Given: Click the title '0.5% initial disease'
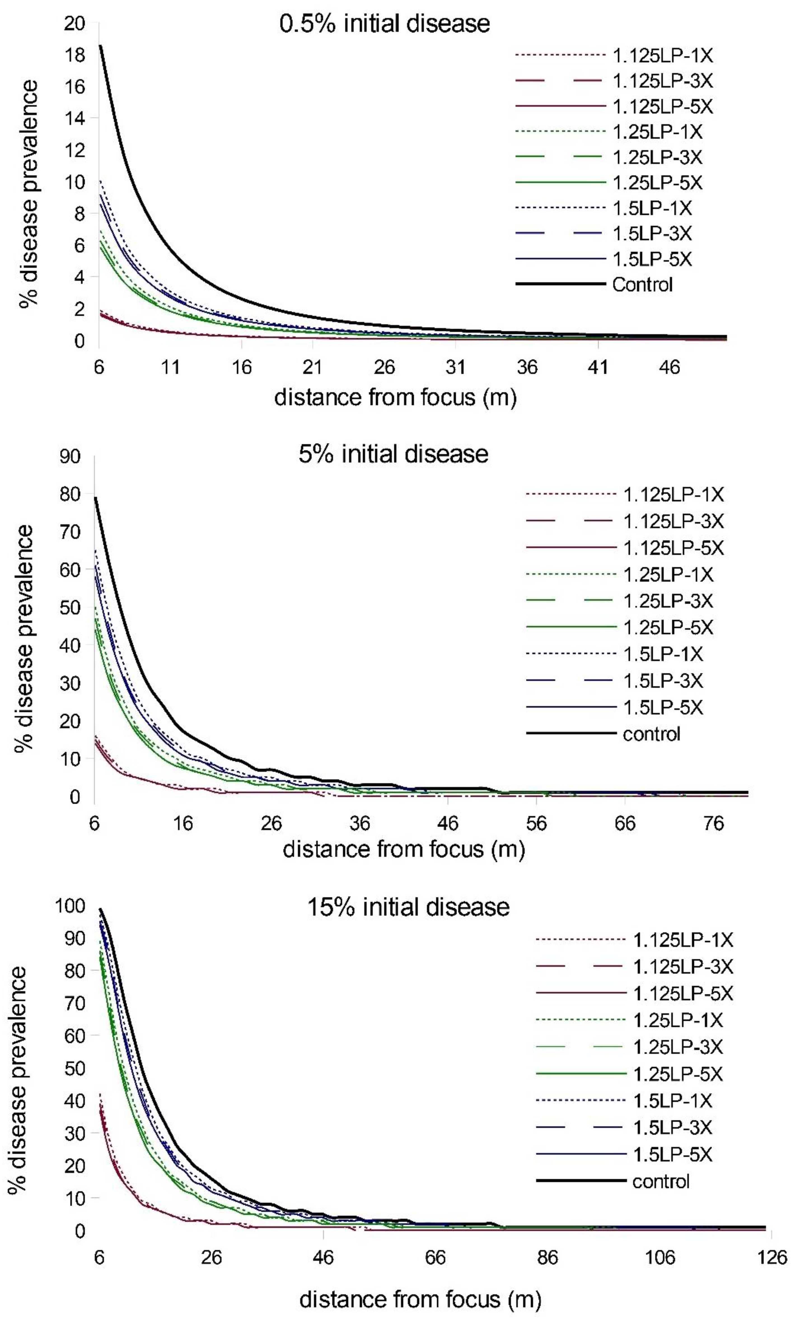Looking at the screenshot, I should point(385,24).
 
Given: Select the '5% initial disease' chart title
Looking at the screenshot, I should point(393,454).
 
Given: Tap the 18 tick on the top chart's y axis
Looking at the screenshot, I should point(74,55).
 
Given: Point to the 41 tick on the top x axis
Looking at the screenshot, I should point(598,367).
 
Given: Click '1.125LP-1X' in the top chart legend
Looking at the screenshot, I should point(663,55).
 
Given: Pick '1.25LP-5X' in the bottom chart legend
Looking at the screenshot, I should point(678,1074).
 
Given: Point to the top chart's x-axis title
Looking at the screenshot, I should point(396,398).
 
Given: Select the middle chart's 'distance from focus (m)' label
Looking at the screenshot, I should point(404,850).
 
